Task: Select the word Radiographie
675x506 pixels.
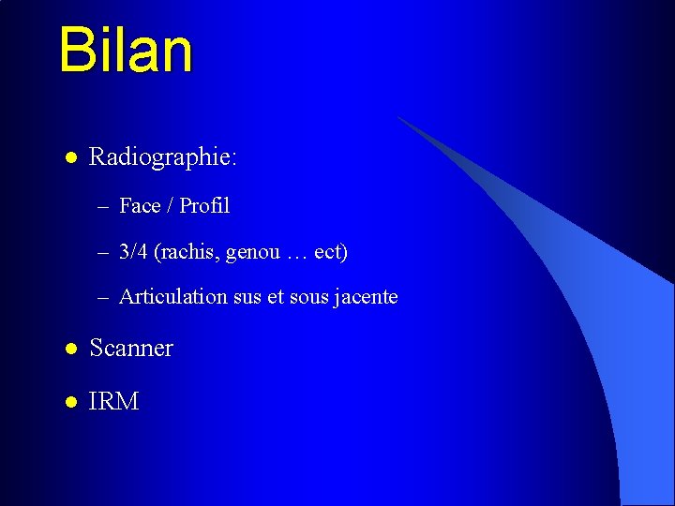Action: (160, 157)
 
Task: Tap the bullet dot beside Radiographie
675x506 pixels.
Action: (69, 156)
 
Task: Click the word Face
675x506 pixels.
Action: (140, 205)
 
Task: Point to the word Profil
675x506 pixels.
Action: (204, 205)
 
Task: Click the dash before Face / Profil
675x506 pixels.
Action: (102, 206)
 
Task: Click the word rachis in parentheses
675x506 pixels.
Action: (188, 252)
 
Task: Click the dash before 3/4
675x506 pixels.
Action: (102, 253)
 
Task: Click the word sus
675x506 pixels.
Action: (248, 298)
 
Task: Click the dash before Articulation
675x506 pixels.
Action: (102, 298)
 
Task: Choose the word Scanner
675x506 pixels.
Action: (131, 349)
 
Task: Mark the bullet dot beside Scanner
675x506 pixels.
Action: (69, 349)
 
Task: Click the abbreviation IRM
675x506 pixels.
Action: (113, 402)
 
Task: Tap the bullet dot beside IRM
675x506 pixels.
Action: (69, 402)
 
